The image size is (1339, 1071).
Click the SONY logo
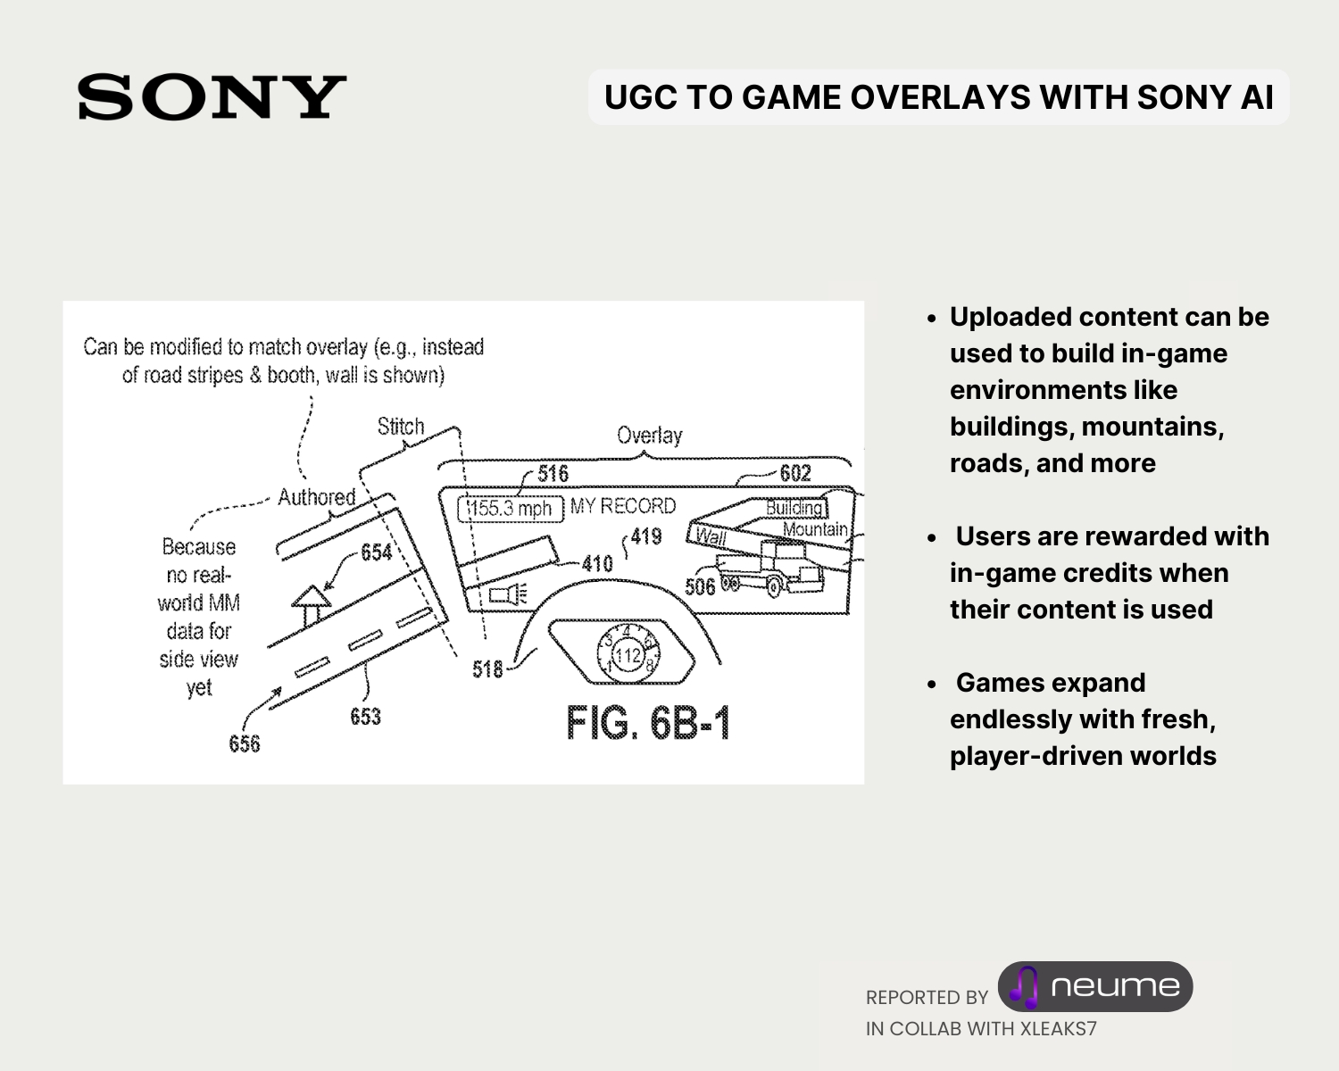pyautogui.click(x=212, y=97)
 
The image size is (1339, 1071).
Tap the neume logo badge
pyautogui.click(x=1095, y=986)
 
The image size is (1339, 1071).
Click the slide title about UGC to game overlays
pyautogui.click(x=938, y=97)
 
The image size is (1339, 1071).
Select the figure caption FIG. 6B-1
pyautogui.click(x=648, y=723)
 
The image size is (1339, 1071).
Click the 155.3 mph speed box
pyautogui.click(x=511, y=509)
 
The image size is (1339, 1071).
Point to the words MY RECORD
pyautogui.click(x=623, y=506)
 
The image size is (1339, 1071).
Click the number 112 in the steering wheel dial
pyautogui.click(x=628, y=657)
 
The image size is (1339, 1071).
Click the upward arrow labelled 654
pyautogui.click(x=312, y=604)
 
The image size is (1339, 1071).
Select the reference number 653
pyautogui.click(x=365, y=717)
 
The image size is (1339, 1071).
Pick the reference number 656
pyautogui.click(x=244, y=743)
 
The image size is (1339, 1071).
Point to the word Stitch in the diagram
pyautogui.click(x=400, y=427)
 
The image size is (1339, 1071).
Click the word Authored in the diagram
pyautogui.click(x=316, y=497)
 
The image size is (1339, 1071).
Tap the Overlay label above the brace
pyautogui.click(x=649, y=436)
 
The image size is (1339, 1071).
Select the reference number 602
pyautogui.click(x=794, y=473)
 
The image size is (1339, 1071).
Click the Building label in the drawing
pyautogui.click(x=794, y=508)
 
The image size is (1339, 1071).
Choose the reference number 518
pyautogui.click(x=487, y=668)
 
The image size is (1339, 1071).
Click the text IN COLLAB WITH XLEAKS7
pyautogui.click(x=981, y=1028)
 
